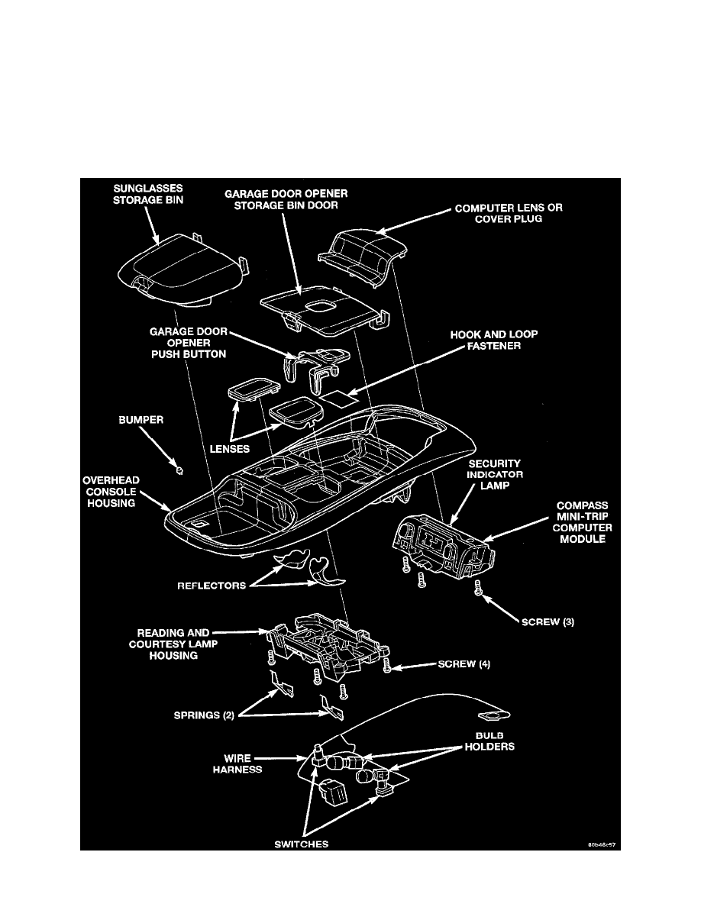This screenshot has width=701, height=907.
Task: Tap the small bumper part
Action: tap(179, 470)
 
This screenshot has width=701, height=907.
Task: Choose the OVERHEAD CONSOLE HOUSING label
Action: tap(110, 492)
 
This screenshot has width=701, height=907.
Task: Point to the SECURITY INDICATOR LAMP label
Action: tap(490, 475)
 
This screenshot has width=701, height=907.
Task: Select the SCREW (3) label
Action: tap(548, 621)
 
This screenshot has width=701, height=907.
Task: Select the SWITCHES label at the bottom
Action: tap(303, 844)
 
